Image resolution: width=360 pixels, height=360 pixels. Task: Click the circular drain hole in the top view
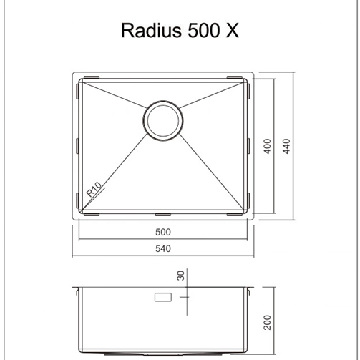point(163,120)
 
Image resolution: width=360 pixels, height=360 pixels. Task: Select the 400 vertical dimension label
point(267,145)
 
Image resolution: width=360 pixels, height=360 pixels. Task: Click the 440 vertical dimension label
point(285,145)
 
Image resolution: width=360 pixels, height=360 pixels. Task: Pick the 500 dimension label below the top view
point(164,232)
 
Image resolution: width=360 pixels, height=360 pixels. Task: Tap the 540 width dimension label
point(164,248)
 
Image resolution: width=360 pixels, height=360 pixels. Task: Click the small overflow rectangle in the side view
point(162,296)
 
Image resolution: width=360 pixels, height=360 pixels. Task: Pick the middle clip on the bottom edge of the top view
point(164,214)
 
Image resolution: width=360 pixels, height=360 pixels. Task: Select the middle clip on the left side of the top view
point(78,145)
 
